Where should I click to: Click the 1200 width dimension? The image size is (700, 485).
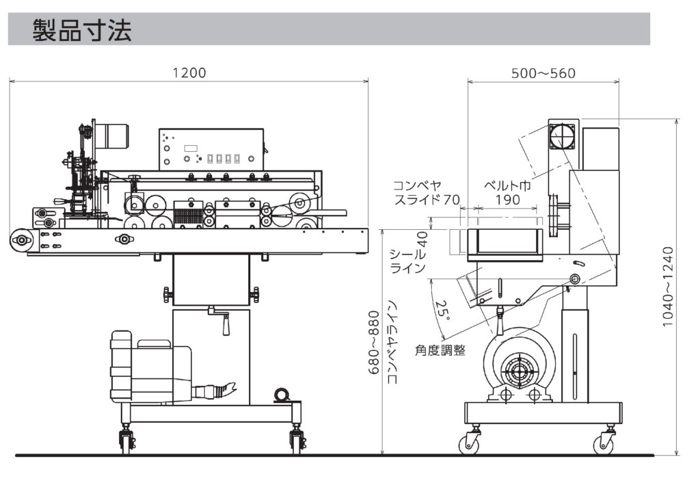point(189,73)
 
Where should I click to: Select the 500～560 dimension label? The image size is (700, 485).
point(543,73)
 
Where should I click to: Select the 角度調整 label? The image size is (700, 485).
point(440,350)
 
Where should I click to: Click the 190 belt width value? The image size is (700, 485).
point(507,200)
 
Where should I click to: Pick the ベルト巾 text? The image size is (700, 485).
point(507,185)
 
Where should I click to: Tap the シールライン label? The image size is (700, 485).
point(408,261)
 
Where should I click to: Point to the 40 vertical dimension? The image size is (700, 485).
point(422,239)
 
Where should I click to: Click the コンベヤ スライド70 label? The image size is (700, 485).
point(424,193)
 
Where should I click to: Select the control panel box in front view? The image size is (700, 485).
point(211,149)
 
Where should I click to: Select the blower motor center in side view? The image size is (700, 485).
point(517,373)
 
